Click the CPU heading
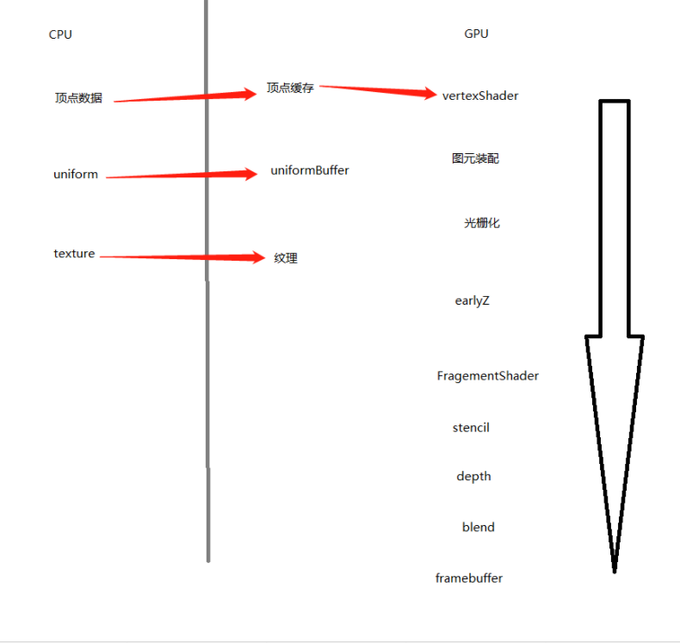60,34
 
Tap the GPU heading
476,34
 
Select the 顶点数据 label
78,98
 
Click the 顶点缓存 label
290,88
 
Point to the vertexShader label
480,96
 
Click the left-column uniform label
76,174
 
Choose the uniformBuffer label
310,170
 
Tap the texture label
74,253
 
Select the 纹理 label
286,258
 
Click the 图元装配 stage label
475,158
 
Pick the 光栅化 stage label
482,223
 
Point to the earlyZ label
473,300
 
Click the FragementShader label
488,375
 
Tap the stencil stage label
471,428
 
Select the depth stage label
473,477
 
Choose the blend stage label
479,527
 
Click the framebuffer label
469,578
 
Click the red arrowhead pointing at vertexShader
427,93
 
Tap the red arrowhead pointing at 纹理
256,257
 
